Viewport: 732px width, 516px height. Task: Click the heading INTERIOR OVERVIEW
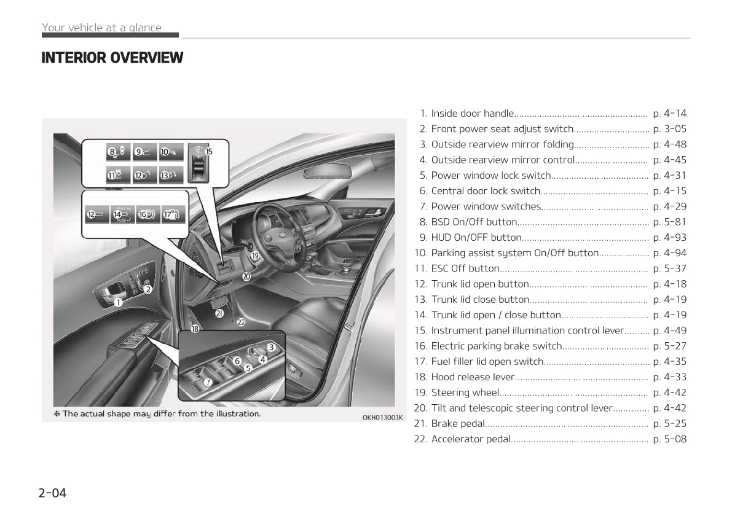click(112, 58)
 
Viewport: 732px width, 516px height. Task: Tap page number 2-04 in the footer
click(52, 493)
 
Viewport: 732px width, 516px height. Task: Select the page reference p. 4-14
click(669, 114)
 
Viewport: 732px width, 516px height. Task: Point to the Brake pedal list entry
click(458, 423)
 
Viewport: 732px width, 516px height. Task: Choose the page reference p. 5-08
click(669, 439)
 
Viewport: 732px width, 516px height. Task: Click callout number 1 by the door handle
click(118, 302)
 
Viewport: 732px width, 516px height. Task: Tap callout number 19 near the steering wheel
click(254, 256)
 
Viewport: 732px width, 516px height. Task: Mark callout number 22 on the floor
click(241, 322)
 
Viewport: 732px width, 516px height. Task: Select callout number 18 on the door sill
click(195, 329)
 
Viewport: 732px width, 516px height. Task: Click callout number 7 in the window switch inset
click(208, 382)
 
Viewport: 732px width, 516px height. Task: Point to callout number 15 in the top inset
click(209, 151)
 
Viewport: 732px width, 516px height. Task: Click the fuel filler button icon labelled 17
click(172, 214)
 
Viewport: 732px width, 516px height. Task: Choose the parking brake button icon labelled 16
click(148, 214)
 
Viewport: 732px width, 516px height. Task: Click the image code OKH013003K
click(382, 418)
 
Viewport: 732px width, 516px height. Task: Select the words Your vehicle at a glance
click(101, 28)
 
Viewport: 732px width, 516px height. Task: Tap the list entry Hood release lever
click(472, 377)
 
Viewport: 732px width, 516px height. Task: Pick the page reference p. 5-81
click(669, 222)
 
